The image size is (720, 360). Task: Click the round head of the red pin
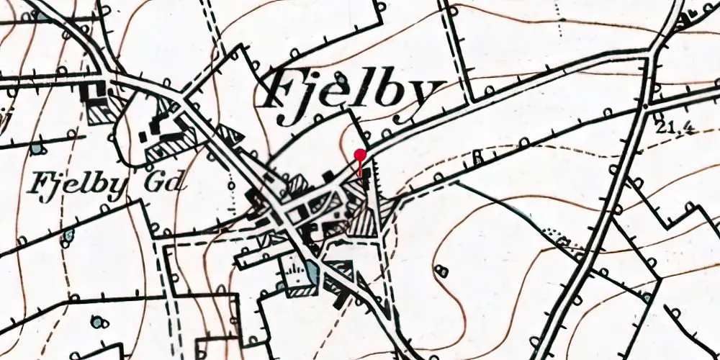click(x=361, y=153)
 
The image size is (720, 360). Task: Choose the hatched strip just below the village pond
click(x=301, y=291)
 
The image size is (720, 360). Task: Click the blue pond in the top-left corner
click(x=37, y=149)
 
